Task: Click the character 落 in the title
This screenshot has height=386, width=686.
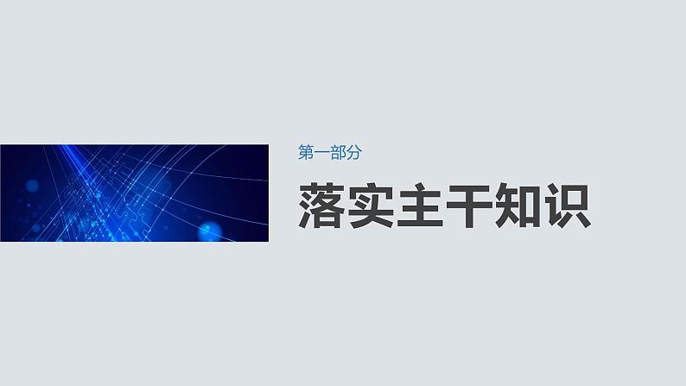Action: coord(323,206)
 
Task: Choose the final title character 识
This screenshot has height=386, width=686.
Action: coord(567,206)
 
